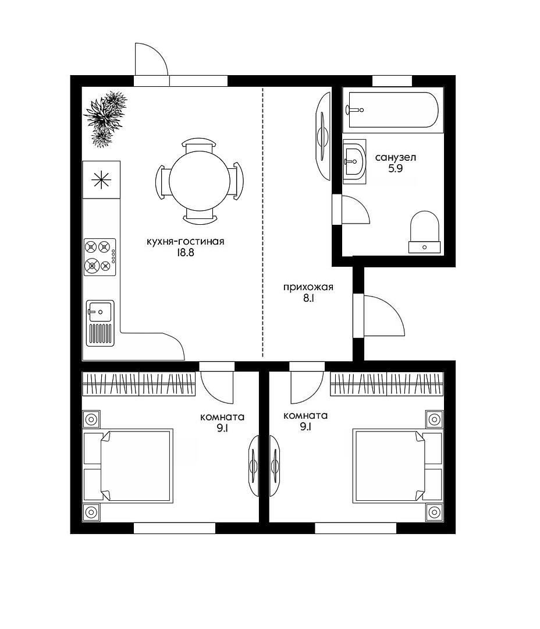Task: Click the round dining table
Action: coord(199,181)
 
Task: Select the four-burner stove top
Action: coord(100,257)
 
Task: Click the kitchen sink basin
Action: coord(100,311)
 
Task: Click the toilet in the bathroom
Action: coord(425,232)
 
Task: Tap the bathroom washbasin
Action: coord(354,162)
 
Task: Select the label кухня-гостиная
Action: coord(185,242)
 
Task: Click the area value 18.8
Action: coord(184,253)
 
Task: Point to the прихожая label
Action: coord(308,288)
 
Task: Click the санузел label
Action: coord(395,158)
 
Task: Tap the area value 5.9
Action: coord(395,168)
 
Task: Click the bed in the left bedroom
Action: coord(128,466)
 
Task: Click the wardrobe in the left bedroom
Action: coord(138,384)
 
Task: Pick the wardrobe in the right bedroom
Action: coord(387,384)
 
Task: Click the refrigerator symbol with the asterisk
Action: coord(101,179)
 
